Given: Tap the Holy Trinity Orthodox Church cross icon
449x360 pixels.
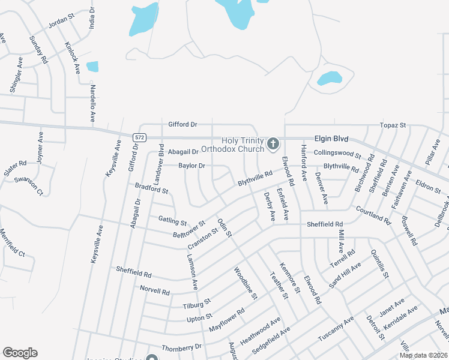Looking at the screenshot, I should point(273,143).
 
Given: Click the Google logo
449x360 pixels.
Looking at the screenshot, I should point(20,353).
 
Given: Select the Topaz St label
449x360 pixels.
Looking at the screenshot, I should point(393,125).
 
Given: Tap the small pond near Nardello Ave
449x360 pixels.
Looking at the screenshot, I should point(92,67).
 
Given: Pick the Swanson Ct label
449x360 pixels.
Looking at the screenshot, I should point(29,185).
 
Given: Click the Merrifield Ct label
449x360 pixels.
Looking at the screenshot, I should point(13,243).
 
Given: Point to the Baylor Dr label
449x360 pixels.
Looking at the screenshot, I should point(191,166).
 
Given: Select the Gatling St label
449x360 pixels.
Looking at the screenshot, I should point(173,220).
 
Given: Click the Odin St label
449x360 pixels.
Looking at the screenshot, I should point(224,227).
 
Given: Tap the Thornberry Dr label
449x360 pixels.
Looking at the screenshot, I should point(181,347).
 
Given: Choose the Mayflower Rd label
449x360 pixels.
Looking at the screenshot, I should point(227,320).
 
